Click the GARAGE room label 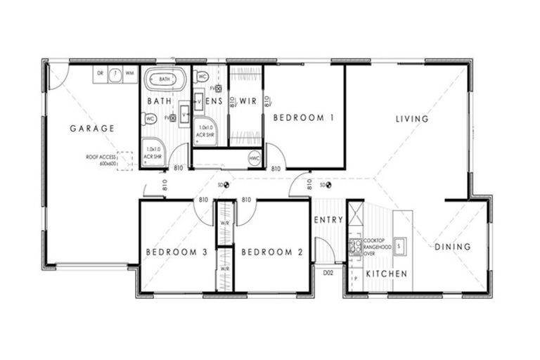coord(92,128)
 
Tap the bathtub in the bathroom coord(165,79)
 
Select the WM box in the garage coord(130,73)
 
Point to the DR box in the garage coord(100,73)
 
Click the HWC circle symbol coord(255,159)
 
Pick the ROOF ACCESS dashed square coord(125,160)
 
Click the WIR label coord(247,101)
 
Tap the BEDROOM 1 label coord(303,118)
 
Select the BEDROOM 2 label coord(272,252)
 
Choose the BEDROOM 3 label coord(176,252)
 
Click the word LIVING coord(411,119)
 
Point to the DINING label coord(452,247)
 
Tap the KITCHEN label coord(386,273)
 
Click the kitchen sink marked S coord(399,245)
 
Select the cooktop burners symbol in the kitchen coord(356,246)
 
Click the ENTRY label coord(328,220)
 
